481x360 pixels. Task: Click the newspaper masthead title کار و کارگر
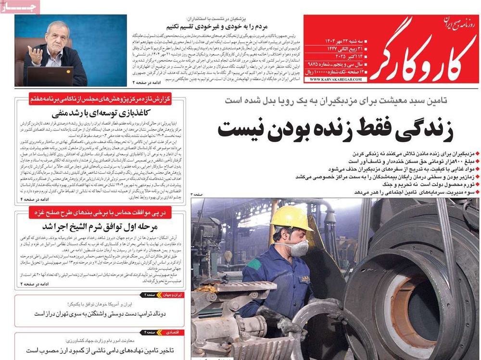click(424, 48)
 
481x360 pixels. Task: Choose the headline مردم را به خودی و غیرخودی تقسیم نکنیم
click(221, 26)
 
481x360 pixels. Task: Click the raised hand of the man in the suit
click(36, 54)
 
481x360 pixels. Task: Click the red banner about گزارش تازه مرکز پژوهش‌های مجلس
click(100, 99)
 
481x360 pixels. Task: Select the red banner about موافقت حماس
click(100, 212)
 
